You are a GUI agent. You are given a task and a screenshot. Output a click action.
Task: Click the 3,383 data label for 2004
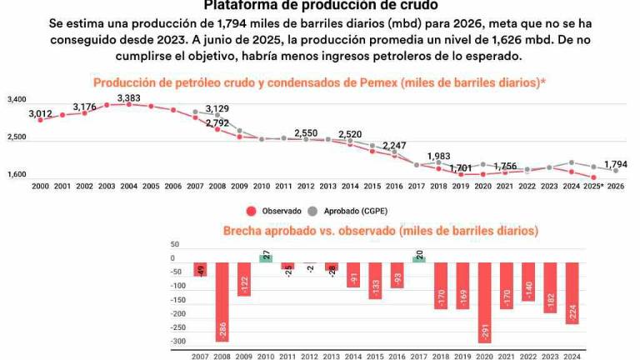click(x=128, y=98)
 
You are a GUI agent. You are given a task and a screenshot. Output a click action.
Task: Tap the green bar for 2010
click(x=266, y=257)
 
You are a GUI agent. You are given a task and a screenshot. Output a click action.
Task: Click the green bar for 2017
click(x=418, y=257)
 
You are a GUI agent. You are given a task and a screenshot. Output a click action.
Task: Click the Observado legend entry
click(x=274, y=212)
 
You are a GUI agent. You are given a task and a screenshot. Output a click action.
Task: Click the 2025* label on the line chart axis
click(x=593, y=187)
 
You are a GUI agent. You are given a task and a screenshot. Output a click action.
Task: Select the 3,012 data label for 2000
click(x=40, y=113)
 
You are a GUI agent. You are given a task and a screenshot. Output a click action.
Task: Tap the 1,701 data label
click(x=460, y=167)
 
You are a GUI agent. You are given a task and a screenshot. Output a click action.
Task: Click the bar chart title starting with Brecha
click(x=380, y=230)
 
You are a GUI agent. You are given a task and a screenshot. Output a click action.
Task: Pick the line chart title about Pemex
click(x=319, y=82)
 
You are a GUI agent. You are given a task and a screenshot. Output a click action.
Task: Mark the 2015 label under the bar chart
click(x=374, y=355)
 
